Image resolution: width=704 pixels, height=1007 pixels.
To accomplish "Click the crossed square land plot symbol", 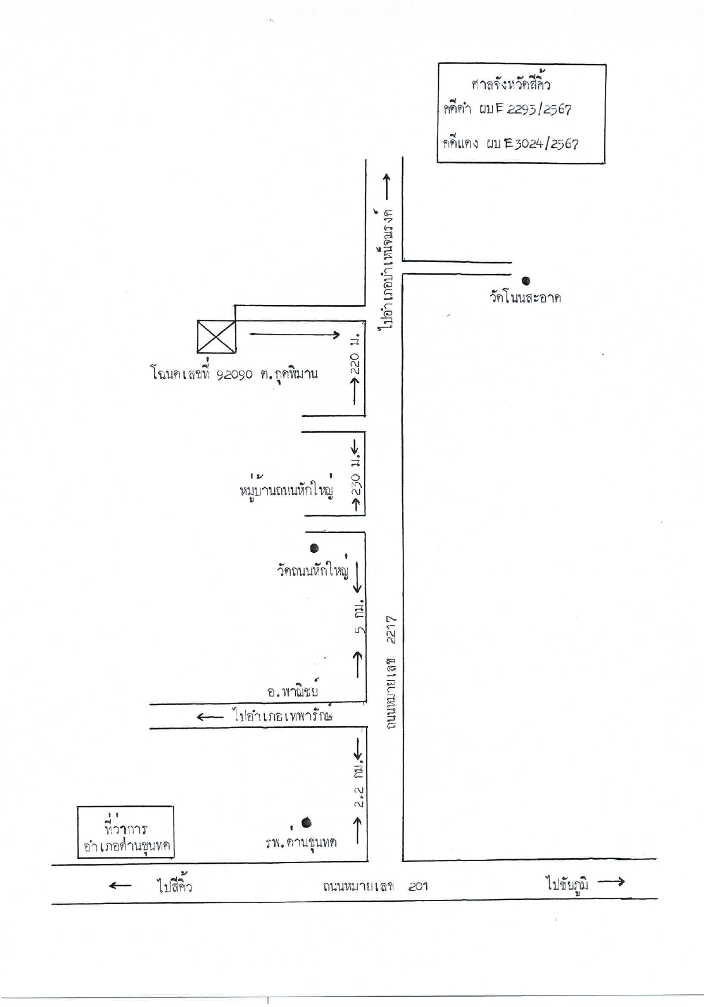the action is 216,336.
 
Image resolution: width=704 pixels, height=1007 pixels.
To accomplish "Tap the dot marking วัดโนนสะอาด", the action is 526,281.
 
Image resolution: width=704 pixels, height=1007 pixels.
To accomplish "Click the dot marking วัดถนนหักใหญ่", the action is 314,548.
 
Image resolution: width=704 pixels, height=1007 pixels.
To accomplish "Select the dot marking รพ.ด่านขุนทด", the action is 307,822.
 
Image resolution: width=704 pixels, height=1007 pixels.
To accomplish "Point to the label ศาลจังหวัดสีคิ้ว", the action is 511,84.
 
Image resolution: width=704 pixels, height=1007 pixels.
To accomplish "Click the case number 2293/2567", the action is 540,109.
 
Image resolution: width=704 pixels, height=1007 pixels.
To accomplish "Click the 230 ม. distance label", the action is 357,477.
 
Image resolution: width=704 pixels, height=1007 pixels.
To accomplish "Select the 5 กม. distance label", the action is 359,618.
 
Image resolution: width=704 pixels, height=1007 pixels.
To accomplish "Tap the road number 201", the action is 418,886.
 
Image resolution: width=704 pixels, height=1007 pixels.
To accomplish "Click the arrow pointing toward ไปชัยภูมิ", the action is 611,881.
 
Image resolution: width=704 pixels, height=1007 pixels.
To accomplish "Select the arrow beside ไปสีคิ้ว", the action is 120,886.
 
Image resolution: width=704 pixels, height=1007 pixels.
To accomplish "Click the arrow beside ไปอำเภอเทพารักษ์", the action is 210,717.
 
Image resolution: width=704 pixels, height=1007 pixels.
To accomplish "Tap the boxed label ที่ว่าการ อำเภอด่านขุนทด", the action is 125,832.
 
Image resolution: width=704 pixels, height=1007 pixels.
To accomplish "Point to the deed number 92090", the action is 235,374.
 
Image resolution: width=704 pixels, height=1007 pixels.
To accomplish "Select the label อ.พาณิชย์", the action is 293,690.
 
